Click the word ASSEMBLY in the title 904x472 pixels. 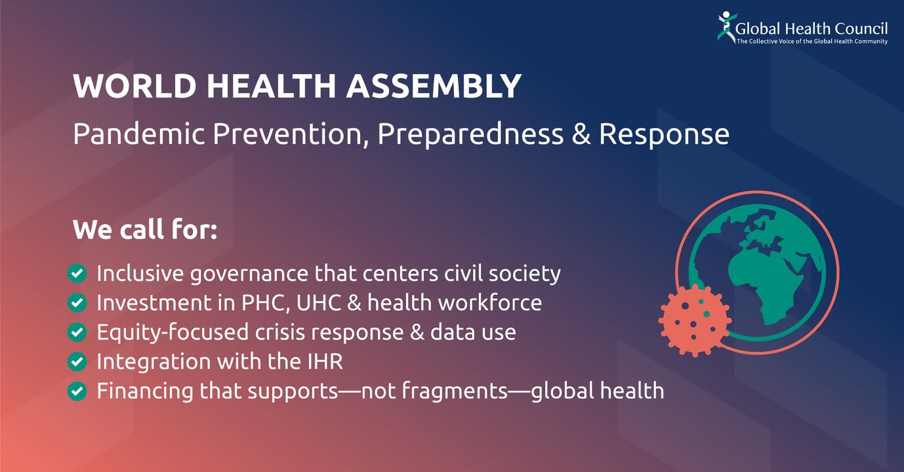(x=434, y=86)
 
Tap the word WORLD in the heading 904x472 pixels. (x=134, y=86)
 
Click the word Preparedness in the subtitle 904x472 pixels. (x=470, y=134)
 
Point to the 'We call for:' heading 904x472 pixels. (x=145, y=229)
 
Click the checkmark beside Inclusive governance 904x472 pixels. (x=77, y=273)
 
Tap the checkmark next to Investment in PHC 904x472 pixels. (x=77, y=303)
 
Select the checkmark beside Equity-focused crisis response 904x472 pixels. (x=77, y=332)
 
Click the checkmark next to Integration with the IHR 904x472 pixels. (x=77, y=362)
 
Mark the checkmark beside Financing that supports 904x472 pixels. (x=77, y=391)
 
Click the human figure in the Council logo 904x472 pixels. (x=727, y=27)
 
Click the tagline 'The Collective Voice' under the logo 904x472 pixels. (x=812, y=41)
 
